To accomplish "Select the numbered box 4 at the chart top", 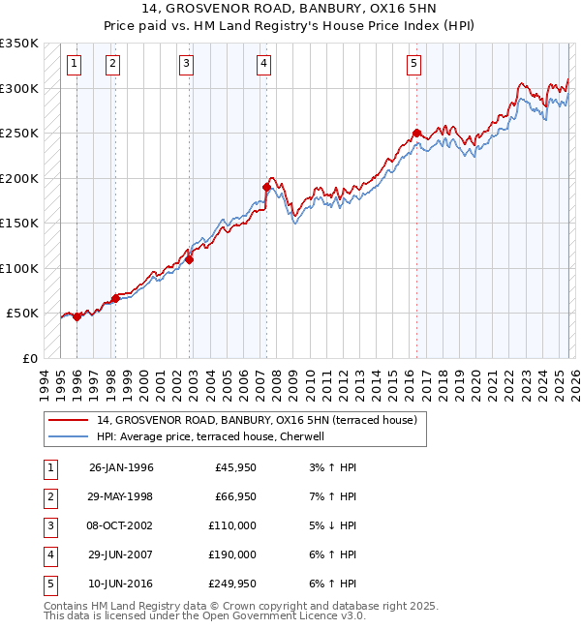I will pos(263,65).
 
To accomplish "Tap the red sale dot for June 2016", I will pos(416,134).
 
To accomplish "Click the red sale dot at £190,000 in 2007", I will pos(265,187).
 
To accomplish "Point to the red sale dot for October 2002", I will pos(190,259).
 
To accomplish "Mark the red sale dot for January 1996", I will pos(77,316).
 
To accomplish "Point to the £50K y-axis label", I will pos(22,314).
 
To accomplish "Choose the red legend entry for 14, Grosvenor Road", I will pos(257,420).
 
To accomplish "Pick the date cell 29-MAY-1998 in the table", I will pos(121,496).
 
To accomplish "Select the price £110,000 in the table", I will pos(232,525).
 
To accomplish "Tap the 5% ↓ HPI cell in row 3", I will pos(329,525).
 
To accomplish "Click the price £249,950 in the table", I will pos(232,584).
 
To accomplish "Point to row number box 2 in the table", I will pos(48,496).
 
